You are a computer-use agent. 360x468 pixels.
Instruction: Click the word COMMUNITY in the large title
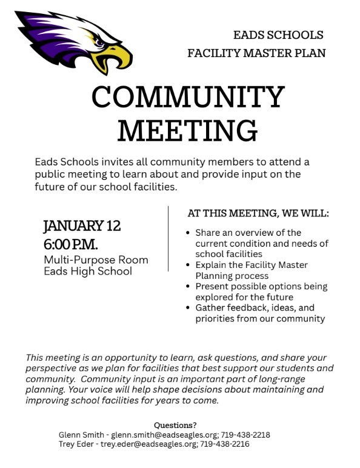click(188, 98)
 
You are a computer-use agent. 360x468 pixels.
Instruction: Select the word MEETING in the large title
click(187, 129)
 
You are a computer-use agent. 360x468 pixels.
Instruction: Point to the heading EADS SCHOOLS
click(278, 35)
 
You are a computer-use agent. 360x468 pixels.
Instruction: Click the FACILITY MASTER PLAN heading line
click(256, 53)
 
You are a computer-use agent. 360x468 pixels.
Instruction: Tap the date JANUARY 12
click(82, 226)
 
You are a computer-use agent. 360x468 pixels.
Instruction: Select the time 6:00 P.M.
click(71, 244)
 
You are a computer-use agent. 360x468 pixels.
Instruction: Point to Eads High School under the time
click(87, 271)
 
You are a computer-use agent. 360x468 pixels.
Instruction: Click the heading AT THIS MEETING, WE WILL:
click(259, 214)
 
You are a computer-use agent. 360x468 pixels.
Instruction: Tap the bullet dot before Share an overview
click(189, 233)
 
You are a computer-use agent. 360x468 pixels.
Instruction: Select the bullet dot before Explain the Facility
click(189, 265)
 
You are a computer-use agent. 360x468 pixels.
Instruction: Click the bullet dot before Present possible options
click(189, 286)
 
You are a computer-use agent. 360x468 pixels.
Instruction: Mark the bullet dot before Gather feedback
click(189, 308)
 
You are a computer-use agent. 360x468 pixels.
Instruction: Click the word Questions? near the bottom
click(175, 425)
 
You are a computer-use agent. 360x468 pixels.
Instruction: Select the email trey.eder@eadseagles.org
click(148, 444)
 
